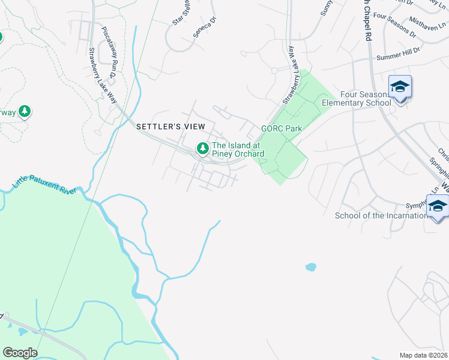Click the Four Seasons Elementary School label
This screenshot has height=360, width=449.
(366, 98)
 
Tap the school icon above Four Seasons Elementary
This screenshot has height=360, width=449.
(399, 87)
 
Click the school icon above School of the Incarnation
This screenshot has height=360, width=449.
(438, 206)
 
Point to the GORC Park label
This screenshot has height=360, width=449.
(281, 128)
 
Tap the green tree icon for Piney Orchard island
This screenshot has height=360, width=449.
(203, 148)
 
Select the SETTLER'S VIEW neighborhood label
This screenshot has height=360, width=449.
(170, 127)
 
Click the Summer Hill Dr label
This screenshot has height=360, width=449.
(397, 56)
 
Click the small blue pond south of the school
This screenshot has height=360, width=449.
(310, 266)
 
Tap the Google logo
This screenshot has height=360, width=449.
(20, 352)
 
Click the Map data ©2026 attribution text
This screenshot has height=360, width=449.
(423, 355)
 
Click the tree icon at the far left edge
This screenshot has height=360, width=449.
(25, 112)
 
